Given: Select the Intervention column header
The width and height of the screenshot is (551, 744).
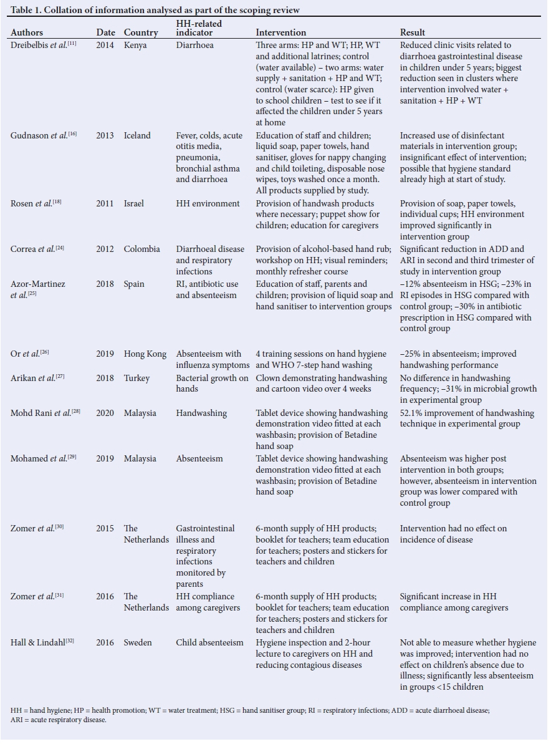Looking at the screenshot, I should click(280, 32).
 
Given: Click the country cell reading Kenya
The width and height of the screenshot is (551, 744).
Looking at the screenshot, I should click(137, 46).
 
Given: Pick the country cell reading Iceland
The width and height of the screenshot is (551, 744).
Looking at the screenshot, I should click(137, 135).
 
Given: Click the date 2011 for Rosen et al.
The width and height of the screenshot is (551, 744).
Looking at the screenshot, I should click(105, 204).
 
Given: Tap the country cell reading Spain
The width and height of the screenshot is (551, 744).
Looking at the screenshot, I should click(134, 284).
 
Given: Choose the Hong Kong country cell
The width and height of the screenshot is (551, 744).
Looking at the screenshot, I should click(145, 354).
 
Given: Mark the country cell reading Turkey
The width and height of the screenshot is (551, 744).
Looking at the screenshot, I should click(137, 379).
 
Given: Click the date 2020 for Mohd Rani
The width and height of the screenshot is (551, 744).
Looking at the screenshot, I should click(105, 413).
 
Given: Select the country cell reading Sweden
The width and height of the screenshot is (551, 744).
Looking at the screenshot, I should click(138, 642).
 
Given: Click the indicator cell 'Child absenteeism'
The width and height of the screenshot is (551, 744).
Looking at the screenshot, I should click(209, 642).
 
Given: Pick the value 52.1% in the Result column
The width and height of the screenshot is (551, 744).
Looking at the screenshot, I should click(411, 413).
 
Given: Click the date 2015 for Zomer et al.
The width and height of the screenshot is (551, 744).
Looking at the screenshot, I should click(105, 528).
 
